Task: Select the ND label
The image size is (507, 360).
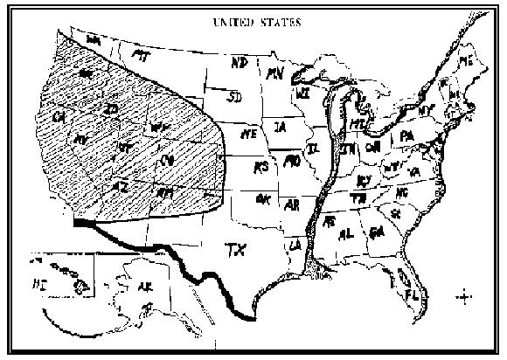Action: [x=238, y=64]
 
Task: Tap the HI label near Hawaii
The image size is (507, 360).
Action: [x=40, y=283]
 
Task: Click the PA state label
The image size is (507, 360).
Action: [x=406, y=137]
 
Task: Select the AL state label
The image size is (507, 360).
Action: [x=348, y=233]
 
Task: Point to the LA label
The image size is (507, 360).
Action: [x=295, y=245]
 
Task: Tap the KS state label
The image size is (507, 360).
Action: [x=260, y=166]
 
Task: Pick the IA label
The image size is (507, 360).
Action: [x=280, y=128]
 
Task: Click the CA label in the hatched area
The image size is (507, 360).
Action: [x=59, y=115]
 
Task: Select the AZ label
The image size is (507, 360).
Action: [x=123, y=186]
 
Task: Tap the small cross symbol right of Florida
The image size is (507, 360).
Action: [x=463, y=296]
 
